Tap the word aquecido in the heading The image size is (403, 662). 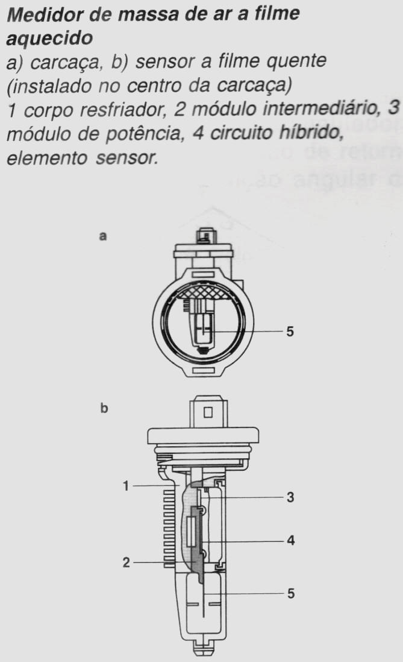pyautogui.click(x=49, y=38)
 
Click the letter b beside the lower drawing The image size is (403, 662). pyautogui.click(x=104, y=409)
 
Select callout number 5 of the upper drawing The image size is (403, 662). pyautogui.click(x=290, y=332)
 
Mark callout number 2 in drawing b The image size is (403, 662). pyautogui.click(x=126, y=562)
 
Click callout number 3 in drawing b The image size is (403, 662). pyautogui.click(x=290, y=498)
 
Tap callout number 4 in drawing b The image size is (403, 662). pyautogui.click(x=290, y=540)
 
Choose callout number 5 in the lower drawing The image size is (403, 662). pyautogui.click(x=290, y=594)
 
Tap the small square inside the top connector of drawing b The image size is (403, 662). pyautogui.click(x=208, y=413)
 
